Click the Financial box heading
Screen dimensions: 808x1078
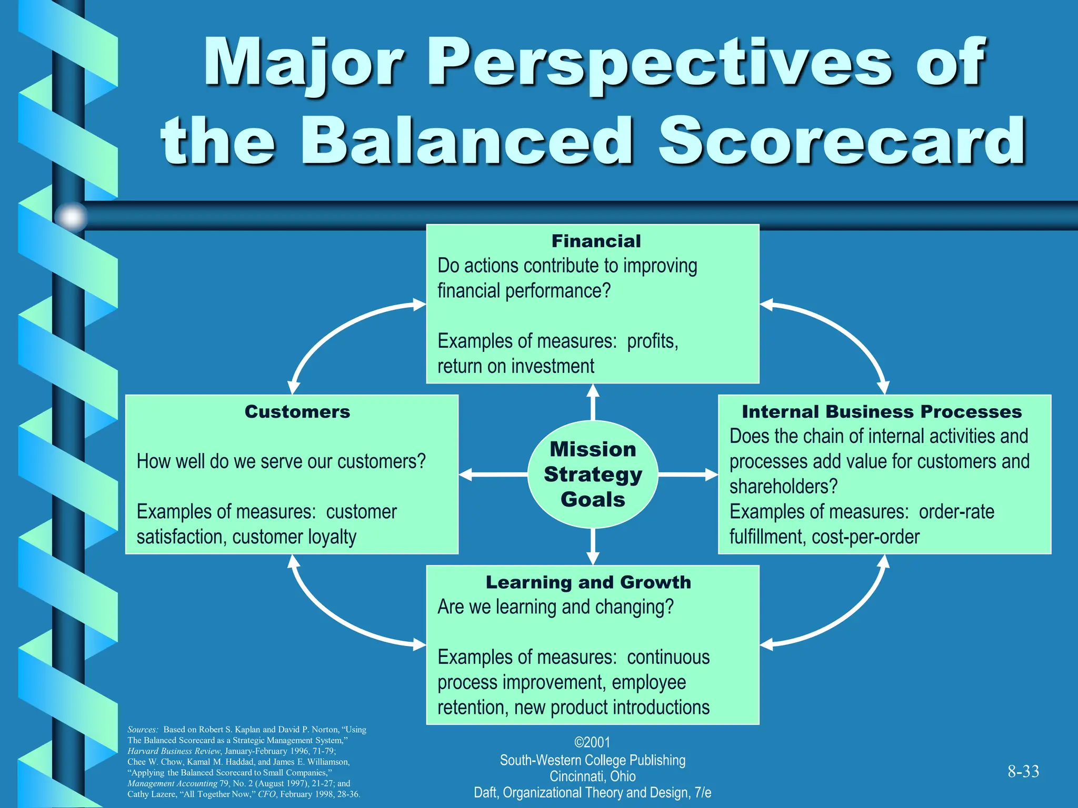point(596,241)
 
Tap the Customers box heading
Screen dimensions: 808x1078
point(297,411)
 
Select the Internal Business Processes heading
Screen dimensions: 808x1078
point(882,411)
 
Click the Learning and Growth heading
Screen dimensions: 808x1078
point(588,582)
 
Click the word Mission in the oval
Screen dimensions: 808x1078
point(593,449)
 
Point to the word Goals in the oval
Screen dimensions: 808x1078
point(593,499)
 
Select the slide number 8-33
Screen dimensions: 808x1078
point(1023,771)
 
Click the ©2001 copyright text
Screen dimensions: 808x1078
point(592,742)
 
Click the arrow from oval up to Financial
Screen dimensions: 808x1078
point(593,402)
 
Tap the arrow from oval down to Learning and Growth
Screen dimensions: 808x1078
point(593,547)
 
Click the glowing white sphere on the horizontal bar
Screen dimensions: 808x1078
point(71,217)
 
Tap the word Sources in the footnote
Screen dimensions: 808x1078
point(142,730)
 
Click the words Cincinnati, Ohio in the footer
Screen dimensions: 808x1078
point(592,776)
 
